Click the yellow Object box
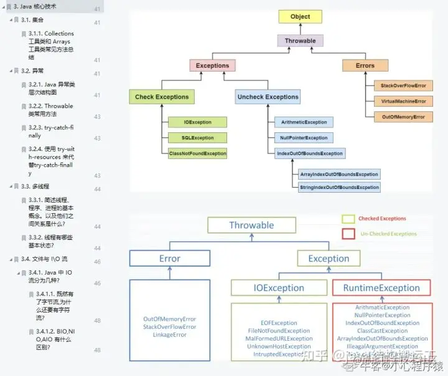coord(300,17)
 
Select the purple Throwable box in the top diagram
coord(300,41)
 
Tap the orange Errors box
coord(365,65)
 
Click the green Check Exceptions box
coord(162,97)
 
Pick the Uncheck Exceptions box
coord(268,97)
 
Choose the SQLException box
coord(198,138)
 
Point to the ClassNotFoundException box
coord(198,153)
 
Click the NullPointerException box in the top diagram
coord(303,138)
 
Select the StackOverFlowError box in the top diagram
coord(403,85)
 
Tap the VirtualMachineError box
coord(403,101)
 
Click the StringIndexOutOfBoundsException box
coord(339,187)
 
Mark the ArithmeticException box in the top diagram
coord(304,122)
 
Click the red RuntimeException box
coord(381,288)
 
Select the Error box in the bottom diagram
coord(169,259)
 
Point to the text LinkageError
coord(169,335)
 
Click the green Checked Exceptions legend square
coord(348,219)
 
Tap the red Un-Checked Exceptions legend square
coord(348,234)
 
